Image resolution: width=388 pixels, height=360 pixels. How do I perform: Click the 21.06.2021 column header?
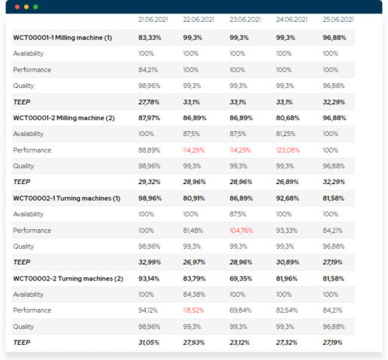(x=153, y=19)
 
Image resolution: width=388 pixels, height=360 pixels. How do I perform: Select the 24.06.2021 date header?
(x=292, y=19)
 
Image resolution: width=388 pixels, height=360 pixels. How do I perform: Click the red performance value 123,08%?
(x=288, y=150)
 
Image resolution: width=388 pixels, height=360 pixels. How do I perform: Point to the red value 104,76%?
(x=243, y=231)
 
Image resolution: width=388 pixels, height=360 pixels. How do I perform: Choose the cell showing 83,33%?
(x=150, y=37)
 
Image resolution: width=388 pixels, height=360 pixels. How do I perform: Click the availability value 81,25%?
(x=287, y=134)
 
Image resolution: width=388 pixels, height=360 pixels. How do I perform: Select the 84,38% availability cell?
(x=195, y=295)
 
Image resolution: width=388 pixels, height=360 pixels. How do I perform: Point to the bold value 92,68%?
(x=287, y=198)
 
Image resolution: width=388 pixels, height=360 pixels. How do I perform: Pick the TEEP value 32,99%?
(x=150, y=263)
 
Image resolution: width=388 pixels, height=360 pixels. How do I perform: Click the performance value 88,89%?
(x=149, y=150)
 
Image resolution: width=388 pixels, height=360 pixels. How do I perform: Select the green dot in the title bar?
(x=35, y=6)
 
